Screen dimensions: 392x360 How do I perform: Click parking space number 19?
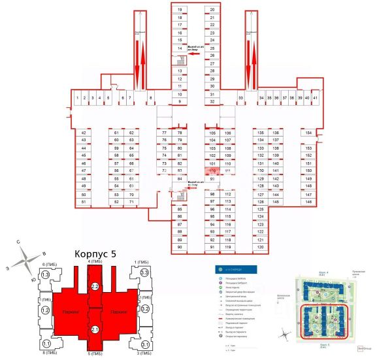tap(180, 10)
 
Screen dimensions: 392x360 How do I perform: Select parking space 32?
tap(212, 101)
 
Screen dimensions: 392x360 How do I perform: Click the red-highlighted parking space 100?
tap(212, 171)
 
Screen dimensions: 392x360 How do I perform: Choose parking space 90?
tap(180, 247)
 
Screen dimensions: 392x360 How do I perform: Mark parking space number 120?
tap(260, 247)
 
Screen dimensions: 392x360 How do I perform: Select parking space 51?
tap(84, 202)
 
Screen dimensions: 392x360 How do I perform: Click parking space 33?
tap(240, 98)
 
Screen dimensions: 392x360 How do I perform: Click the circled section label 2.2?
tap(95, 286)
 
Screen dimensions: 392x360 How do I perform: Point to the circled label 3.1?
tap(144, 344)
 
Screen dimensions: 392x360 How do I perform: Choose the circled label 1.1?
tap(46, 344)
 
